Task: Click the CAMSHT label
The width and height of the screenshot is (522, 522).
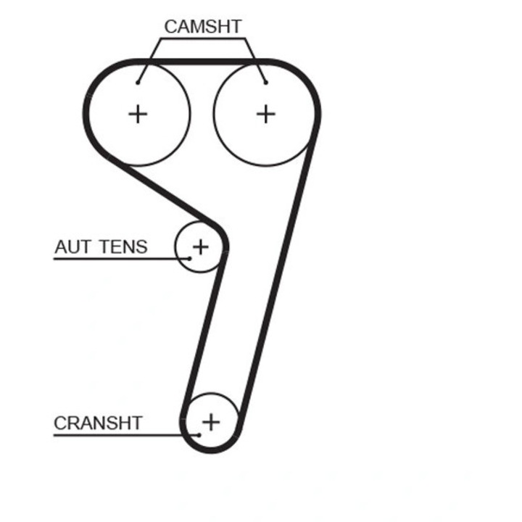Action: (203, 27)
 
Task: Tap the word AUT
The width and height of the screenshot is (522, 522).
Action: (72, 246)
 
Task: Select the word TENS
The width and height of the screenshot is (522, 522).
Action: (123, 246)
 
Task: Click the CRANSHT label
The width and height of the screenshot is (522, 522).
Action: (98, 423)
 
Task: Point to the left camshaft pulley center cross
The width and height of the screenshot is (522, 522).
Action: (138, 115)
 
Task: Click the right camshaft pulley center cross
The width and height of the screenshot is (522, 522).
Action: (265, 115)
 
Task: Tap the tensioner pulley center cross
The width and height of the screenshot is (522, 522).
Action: (200, 247)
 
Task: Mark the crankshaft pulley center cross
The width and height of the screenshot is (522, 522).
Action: (211, 422)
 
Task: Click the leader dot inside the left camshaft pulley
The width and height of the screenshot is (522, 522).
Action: (138, 83)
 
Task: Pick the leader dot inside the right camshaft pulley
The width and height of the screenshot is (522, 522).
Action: (265, 83)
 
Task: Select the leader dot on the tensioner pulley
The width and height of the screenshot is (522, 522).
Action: (189, 258)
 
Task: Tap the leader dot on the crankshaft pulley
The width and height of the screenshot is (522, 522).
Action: (199, 435)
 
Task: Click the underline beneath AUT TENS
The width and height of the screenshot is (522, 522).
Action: (122, 259)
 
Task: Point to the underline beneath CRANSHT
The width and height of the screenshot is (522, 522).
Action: (126, 435)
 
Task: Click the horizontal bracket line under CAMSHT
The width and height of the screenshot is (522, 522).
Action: (203, 38)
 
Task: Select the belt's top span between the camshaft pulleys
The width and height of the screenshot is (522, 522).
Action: (202, 62)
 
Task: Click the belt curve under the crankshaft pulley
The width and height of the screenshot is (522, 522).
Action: (211, 449)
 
